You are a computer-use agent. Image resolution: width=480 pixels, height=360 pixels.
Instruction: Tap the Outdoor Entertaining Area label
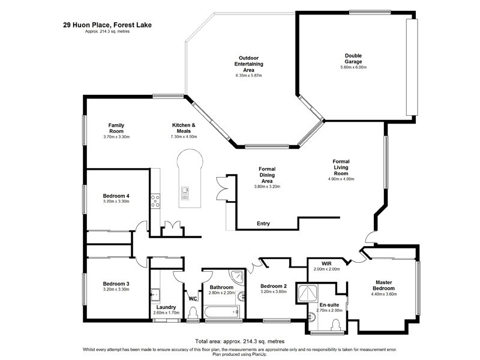(249, 64)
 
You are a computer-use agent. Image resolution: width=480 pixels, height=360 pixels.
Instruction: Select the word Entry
(263, 224)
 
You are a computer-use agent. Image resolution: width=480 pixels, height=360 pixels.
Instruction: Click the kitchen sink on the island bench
(185, 193)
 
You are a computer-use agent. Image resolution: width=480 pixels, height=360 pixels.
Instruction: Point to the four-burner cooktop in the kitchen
(155, 200)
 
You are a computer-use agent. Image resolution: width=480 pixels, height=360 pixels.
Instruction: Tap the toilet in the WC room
(193, 312)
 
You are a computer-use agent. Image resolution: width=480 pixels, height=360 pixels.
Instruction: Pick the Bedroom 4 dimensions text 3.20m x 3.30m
(116, 202)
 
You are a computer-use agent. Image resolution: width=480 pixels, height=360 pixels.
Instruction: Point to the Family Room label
(116, 128)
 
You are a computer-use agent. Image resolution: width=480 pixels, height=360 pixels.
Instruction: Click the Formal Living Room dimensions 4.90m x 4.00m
(341, 179)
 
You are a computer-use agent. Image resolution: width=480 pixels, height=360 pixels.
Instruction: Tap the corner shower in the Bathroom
(239, 277)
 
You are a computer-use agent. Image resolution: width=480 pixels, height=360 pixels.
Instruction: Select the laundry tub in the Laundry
(155, 294)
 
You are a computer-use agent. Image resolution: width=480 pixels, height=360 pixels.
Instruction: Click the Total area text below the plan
(239, 341)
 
